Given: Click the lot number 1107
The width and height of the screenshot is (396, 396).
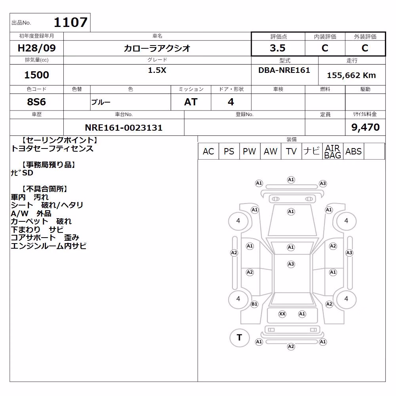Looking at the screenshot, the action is (70, 22).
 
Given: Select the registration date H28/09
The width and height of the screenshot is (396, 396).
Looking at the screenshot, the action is (36, 48).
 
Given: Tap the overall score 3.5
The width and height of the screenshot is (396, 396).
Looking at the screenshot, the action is (278, 48).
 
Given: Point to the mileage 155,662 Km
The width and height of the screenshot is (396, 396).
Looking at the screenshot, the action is (351, 75).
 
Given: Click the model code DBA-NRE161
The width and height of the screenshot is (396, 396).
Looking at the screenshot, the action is (284, 70).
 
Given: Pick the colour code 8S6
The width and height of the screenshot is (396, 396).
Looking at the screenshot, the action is (36, 102).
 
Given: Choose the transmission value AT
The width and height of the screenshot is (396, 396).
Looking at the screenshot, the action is (191, 102).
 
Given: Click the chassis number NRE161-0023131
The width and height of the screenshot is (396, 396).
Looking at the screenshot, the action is (124, 128).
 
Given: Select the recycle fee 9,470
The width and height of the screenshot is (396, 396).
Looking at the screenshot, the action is (365, 127).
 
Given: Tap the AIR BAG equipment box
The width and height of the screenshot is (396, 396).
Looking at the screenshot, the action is (333, 151).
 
